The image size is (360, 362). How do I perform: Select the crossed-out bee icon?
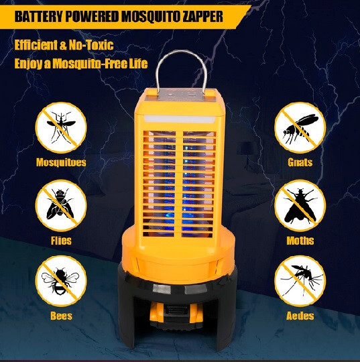point(60,280)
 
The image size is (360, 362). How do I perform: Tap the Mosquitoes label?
point(60,162)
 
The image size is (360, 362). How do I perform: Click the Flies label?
point(60,240)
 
